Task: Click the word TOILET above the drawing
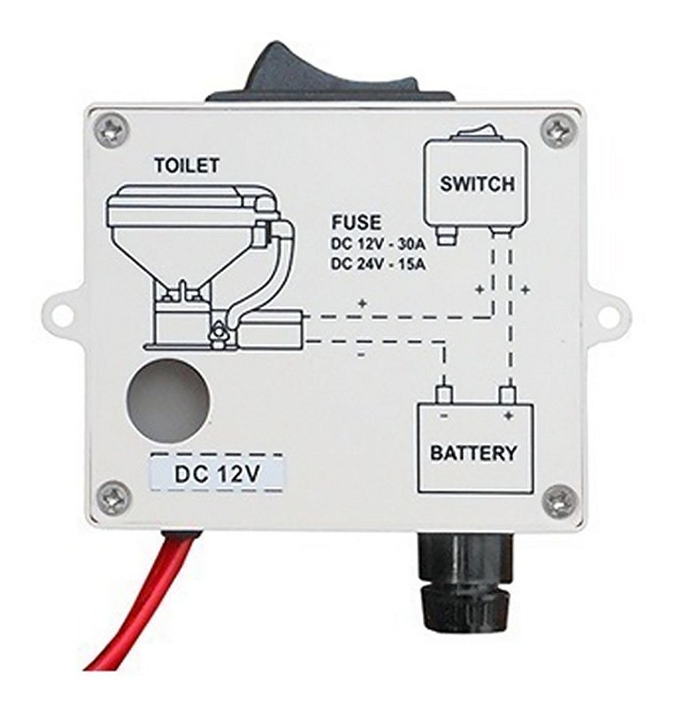[186, 165]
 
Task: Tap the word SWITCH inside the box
[477, 184]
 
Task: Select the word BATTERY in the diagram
[473, 452]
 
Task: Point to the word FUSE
[357, 223]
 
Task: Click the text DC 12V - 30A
[379, 247]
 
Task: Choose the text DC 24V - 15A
[379, 264]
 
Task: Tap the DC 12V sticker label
[216, 473]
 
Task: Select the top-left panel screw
[113, 127]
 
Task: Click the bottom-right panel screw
[559, 501]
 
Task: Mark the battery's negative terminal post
[444, 395]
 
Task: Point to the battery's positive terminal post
[508, 395]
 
